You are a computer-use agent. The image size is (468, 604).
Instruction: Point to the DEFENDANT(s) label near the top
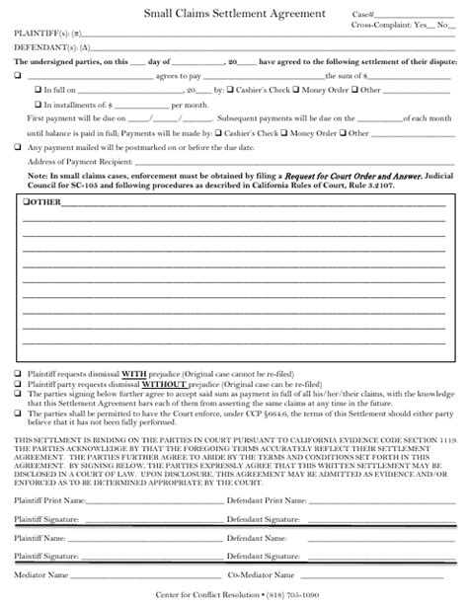click(x=42, y=45)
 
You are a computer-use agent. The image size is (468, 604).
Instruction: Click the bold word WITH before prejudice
click(x=134, y=374)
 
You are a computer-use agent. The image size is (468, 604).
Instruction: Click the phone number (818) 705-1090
click(x=291, y=594)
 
